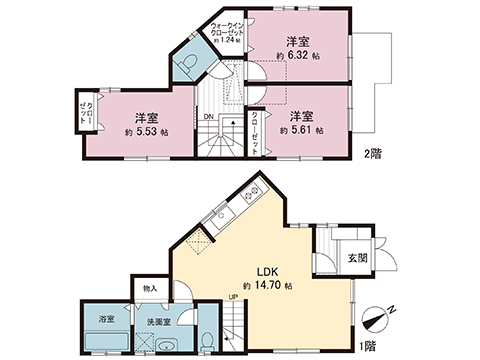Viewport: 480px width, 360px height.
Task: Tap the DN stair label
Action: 207,117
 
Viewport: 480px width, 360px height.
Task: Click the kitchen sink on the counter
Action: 222,214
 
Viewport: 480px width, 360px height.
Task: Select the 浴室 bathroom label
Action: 106,319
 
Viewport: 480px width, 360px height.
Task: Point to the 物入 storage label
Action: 150,287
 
